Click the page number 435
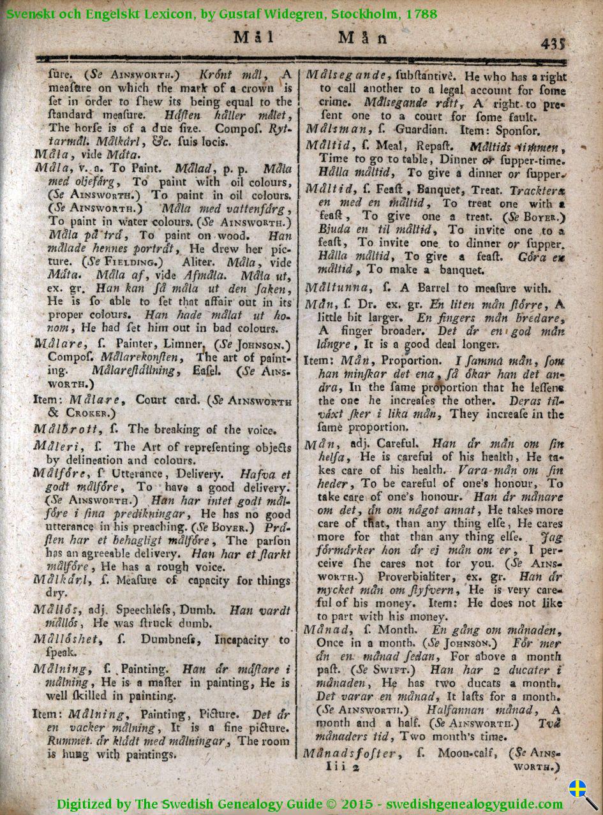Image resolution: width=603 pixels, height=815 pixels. point(553,43)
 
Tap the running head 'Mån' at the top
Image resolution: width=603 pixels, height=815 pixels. point(363,38)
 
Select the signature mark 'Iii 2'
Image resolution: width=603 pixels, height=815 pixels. point(342,768)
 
